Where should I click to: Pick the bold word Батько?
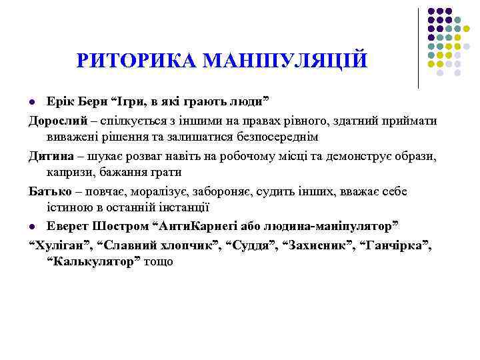point(49,191)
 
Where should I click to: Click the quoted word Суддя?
point(253,246)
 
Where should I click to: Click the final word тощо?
point(159,261)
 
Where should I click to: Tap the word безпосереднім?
point(276,136)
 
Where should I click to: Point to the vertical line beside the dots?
point(419,48)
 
